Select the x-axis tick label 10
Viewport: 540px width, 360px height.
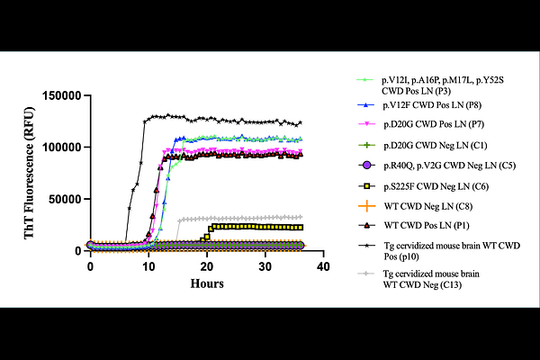(x=148, y=268)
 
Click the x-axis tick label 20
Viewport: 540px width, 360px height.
(x=207, y=268)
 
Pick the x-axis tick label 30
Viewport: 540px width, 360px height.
(x=265, y=268)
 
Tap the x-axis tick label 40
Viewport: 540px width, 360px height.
(x=323, y=268)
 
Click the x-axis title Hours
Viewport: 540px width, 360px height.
(x=206, y=283)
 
